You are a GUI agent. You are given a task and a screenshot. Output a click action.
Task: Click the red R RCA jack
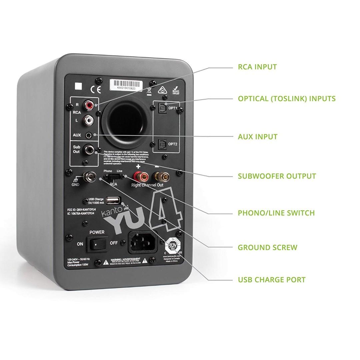click(x=89, y=106)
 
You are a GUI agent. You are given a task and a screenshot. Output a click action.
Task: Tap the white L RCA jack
click(x=88, y=120)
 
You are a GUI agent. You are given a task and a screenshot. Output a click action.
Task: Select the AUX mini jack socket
click(x=89, y=135)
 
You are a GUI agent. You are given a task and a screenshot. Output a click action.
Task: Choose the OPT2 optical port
click(x=162, y=144)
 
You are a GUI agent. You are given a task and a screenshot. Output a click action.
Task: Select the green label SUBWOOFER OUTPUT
click(x=277, y=176)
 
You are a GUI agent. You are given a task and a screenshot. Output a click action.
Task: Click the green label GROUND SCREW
click(x=267, y=247)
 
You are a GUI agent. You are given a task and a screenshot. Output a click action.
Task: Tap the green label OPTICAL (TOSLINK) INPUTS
click(x=286, y=99)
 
